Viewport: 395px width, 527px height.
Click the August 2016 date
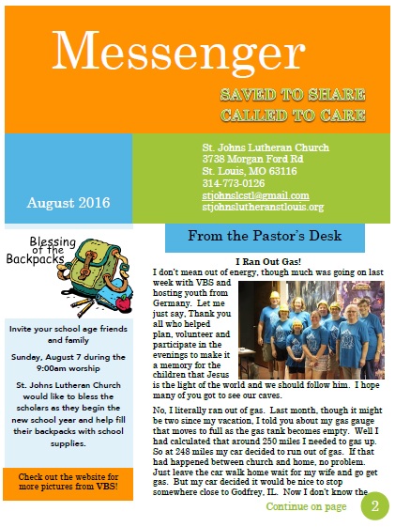[68, 202]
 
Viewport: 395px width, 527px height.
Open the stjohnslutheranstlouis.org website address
[263, 207]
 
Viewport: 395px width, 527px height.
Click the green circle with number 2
[374, 506]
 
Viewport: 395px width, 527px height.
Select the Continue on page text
[306, 507]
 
